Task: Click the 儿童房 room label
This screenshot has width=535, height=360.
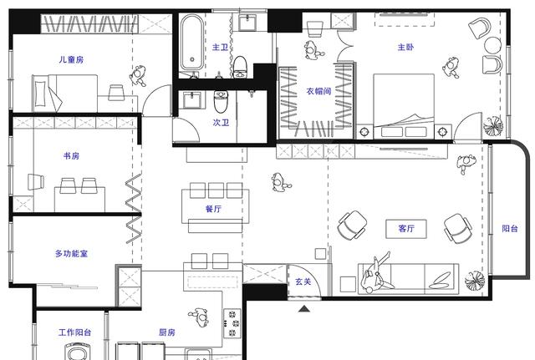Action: [71, 59]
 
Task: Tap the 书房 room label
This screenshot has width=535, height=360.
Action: [71, 156]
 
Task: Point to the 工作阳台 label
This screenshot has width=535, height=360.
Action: [74, 332]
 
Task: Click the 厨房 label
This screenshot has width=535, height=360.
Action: [167, 332]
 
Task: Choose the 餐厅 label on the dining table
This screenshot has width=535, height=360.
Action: [212, 210]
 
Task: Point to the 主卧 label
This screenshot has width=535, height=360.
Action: [405, 48]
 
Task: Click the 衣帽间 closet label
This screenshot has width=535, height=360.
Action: [318, 91]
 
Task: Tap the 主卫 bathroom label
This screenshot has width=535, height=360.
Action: [220, 48]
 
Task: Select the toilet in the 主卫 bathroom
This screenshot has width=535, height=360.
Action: [241, 65]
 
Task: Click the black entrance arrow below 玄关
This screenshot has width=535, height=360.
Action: [304, 307]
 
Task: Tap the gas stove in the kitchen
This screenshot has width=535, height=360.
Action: [232, 321]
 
